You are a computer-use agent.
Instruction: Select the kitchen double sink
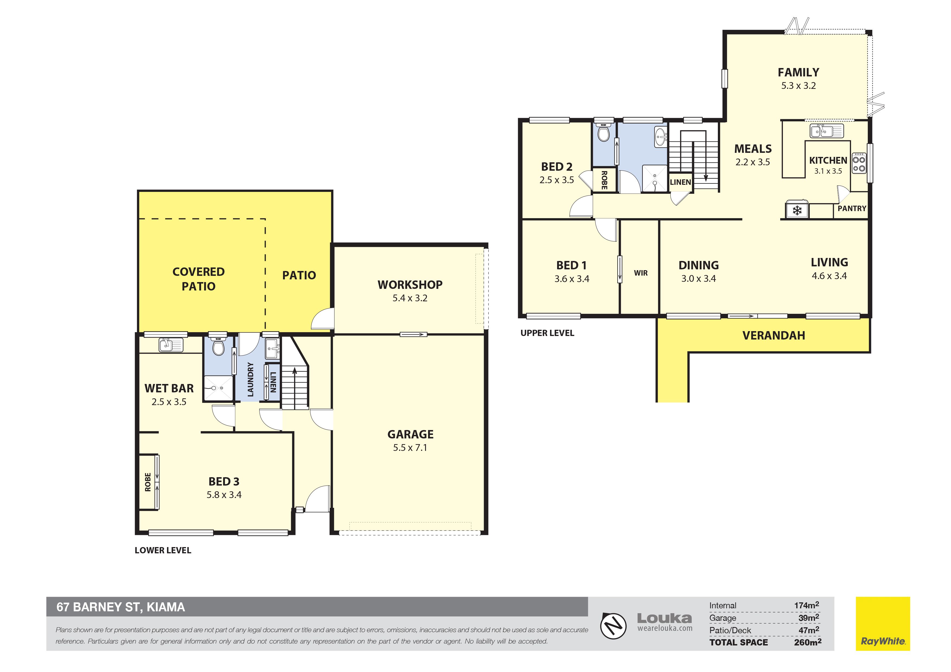pos(826,131)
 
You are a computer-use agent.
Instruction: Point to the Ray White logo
pos(883,623)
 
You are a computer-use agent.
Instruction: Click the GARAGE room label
pos(410,434)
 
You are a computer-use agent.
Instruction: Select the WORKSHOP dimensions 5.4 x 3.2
pos(410,298)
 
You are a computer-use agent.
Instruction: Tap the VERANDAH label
pos(773,335)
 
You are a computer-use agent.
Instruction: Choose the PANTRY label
pos(852,209)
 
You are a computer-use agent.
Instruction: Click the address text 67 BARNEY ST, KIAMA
pos(121,607)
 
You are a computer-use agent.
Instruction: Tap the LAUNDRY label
pos(250,379)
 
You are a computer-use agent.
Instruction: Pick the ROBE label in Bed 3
pos(148,482)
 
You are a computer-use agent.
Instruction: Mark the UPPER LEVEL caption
pos(547,333)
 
